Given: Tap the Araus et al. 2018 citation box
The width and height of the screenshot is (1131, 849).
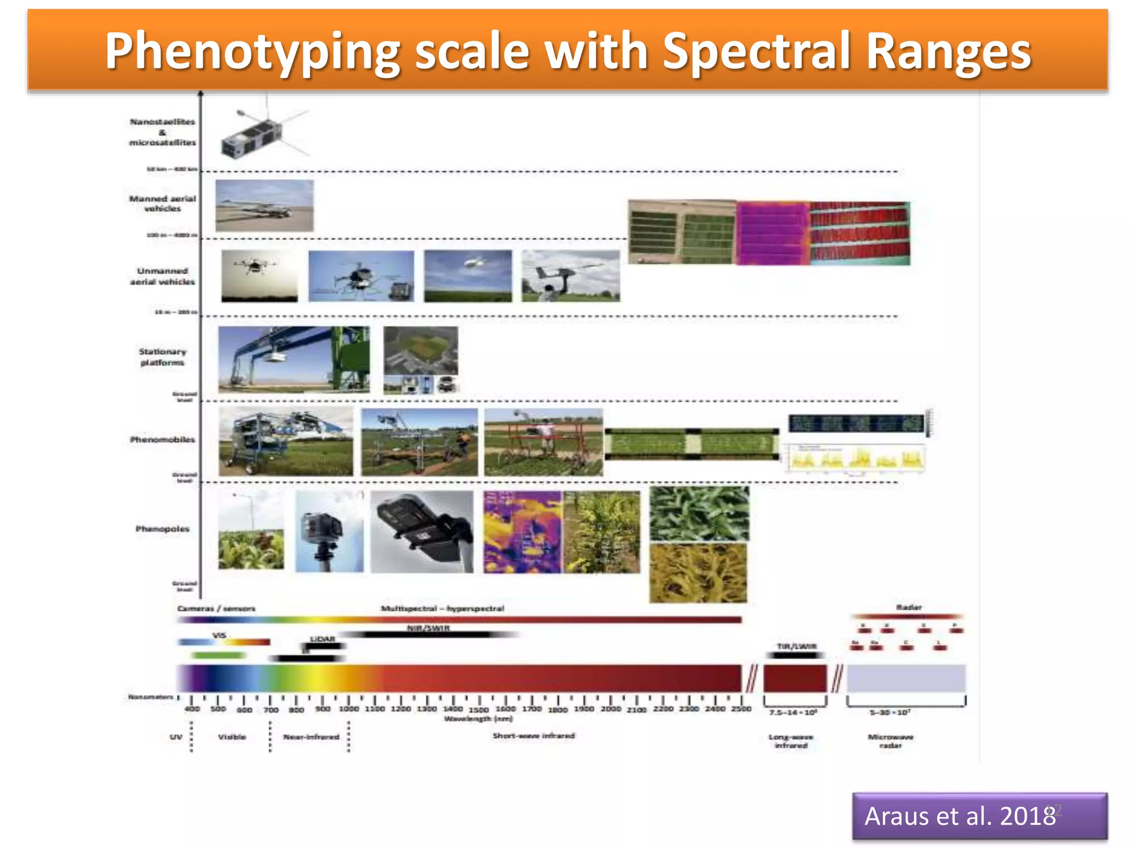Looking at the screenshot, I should [979, 816].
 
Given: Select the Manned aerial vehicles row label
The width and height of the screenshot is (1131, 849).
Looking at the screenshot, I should [162, 203].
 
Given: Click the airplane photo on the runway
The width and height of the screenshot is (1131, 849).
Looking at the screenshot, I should [264, 206].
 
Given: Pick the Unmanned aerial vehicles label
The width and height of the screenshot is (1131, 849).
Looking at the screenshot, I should [162, 276].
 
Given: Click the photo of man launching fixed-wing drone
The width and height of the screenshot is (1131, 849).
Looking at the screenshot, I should [570, 276].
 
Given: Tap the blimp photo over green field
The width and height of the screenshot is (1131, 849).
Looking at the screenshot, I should [468, 276].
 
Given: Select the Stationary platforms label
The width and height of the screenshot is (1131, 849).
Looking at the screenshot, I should [162, 357].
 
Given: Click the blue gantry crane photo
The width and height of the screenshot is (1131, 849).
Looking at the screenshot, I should [293, 359].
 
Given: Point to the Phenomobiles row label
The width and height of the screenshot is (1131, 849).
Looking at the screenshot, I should [162, 439].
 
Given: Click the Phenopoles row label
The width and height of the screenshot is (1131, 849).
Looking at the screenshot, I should [162, 529].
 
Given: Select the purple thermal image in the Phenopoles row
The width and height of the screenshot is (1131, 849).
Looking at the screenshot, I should [522, 532].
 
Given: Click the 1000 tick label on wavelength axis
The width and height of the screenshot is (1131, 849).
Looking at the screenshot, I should [349, 709].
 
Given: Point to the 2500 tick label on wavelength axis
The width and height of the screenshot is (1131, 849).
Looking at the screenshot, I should [741, 709].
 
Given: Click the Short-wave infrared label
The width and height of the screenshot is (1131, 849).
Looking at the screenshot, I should [533, 736].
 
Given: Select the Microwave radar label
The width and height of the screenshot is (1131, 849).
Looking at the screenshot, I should [890, 741].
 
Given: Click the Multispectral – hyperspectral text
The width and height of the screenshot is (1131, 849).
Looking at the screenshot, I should [442, 609].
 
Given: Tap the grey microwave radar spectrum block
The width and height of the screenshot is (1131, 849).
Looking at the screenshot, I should [906, 678].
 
